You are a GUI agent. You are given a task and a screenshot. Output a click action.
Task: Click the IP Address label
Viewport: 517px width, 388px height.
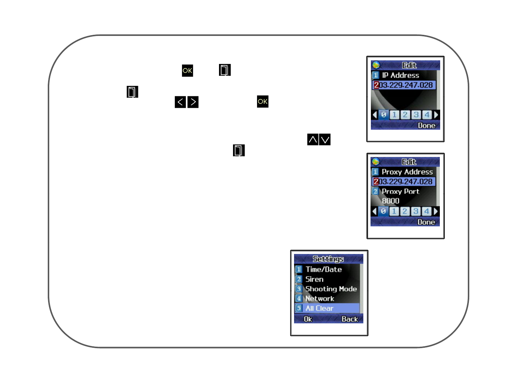(400, 75)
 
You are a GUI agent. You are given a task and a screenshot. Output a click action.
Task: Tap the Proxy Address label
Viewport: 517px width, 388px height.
(407, 172)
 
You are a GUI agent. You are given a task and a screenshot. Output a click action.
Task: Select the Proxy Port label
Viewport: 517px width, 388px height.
(400, 191)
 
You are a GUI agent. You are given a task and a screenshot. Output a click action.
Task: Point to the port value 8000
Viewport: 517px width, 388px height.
(391, 201)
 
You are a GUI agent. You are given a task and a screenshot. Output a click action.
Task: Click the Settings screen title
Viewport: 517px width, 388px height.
(328, 259)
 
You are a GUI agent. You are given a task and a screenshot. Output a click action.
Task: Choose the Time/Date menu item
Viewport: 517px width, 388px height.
(323, 269)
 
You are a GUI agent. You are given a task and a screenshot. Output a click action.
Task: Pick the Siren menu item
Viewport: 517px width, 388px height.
(314, 279)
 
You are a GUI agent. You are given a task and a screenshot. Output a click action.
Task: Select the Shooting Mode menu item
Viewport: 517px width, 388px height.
(331, 289)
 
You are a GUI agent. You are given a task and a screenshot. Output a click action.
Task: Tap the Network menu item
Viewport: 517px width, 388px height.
(320, 299)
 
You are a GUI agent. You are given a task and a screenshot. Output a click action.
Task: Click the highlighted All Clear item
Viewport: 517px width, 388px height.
(320, 308)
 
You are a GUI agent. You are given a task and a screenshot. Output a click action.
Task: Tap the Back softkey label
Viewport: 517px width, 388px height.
(350, 319)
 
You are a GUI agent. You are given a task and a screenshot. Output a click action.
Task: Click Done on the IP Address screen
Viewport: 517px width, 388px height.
(427, 125)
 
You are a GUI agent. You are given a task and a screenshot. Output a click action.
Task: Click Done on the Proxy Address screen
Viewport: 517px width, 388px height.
(426, 222)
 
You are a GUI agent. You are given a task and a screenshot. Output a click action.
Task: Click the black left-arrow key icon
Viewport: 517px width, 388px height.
(180, 102)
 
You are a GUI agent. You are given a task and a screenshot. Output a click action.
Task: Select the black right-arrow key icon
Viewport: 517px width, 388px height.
(193, 102)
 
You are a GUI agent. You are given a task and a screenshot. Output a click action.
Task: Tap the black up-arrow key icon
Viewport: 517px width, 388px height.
(313, 139)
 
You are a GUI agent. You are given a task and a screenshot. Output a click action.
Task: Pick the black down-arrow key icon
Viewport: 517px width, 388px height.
(325, 139)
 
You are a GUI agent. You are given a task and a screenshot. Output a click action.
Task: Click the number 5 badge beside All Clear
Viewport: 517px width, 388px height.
(299, 308)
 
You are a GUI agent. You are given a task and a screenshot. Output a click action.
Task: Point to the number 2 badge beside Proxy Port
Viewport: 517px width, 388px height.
(375, 191)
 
